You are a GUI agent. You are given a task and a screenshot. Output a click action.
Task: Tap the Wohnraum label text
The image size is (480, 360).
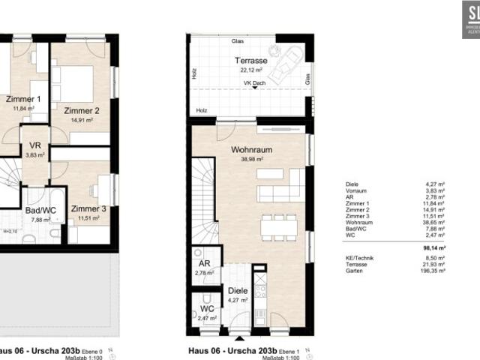251,149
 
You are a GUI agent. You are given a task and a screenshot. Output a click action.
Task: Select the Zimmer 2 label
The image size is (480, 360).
82,110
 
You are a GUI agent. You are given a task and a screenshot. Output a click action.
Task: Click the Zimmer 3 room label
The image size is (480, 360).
88,209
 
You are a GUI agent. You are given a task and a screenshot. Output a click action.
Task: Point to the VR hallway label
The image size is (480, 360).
35,145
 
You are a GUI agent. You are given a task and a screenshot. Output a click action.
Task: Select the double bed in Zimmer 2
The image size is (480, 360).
79,82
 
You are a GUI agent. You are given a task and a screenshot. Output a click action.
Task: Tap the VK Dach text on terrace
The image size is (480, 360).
253,84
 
